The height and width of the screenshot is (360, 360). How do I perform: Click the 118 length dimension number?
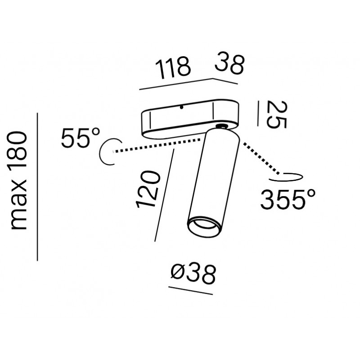tap(173, 68)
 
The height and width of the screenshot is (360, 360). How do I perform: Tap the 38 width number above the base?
tap(229, 63)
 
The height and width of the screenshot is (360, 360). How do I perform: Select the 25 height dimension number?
tap(277, 115)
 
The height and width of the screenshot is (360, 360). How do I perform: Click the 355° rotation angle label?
tap(288, 199)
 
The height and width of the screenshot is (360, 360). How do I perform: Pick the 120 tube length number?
tap(148, 189)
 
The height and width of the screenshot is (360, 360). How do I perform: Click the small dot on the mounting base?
tap(181, 107)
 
